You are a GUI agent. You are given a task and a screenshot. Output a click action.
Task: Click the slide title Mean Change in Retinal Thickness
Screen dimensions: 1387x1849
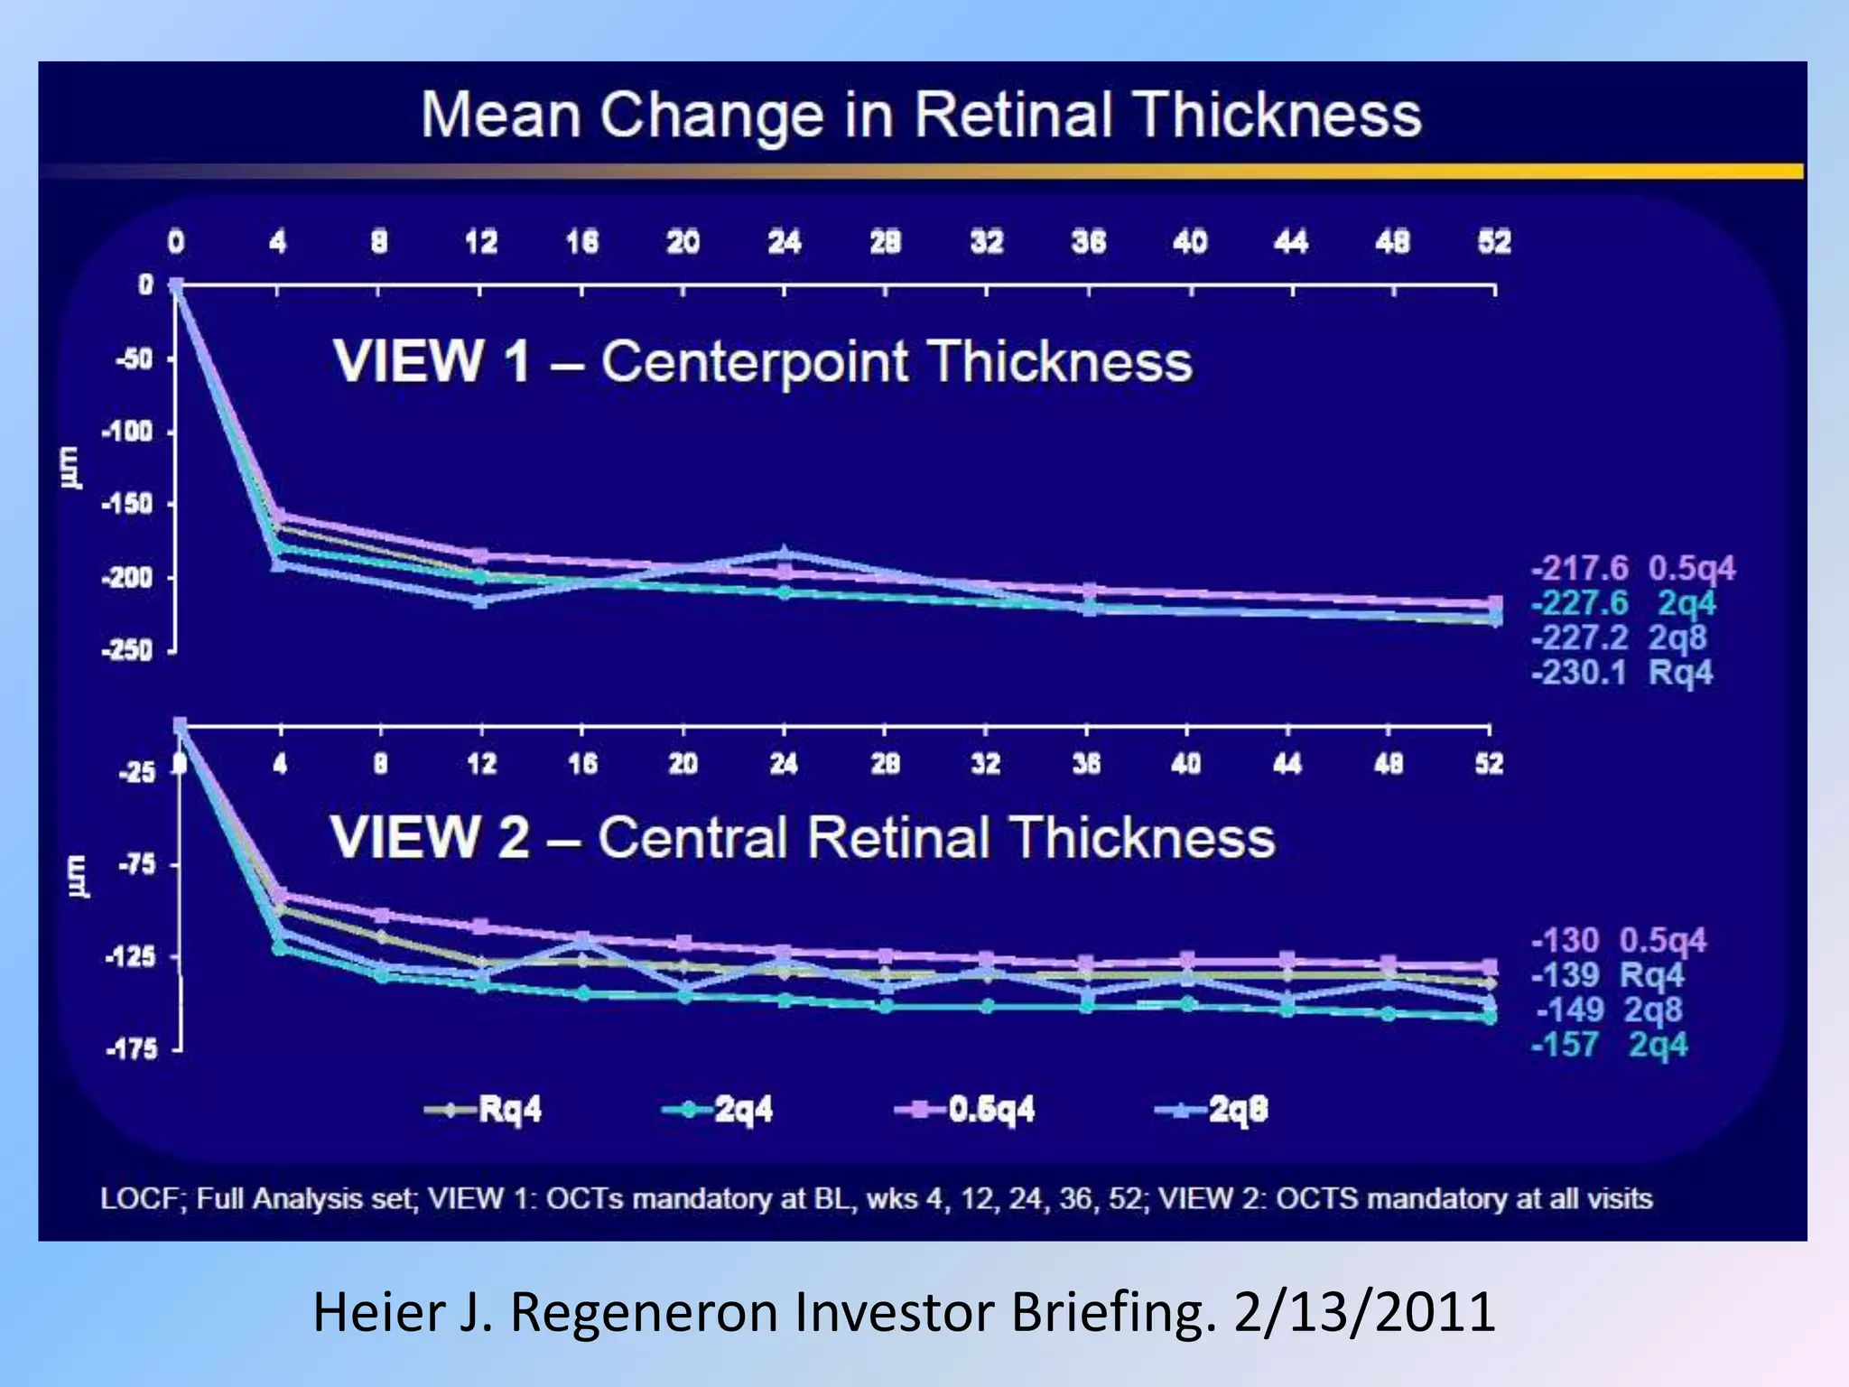(x=921, y=116)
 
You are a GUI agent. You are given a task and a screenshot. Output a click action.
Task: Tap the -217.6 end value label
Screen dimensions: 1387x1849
(x=1580, y=569)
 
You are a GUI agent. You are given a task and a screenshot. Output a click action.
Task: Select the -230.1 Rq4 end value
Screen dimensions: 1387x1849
(x=1621, y=673)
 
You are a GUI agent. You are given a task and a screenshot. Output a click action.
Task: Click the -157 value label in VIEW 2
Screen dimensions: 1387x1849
(x=1565, y=1045)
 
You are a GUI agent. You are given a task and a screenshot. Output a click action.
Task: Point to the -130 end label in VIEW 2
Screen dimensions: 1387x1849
(x=1566, y=940)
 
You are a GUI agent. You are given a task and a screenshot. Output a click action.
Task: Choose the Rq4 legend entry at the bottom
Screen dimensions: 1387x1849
(x=486, y=1109)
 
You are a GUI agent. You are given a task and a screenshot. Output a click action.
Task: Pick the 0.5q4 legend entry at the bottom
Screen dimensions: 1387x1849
(x=966, y=1109)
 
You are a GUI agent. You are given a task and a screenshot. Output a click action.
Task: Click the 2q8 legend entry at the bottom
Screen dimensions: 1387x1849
(x=1213, y=1109)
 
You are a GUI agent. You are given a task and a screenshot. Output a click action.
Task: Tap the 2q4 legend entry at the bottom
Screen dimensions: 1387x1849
(x=720, y=1109)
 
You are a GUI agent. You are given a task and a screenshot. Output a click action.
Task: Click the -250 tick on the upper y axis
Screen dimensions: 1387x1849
(x=126, y=650)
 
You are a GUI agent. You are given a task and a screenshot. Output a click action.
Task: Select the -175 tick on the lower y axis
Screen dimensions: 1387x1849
(x=132, y=1049)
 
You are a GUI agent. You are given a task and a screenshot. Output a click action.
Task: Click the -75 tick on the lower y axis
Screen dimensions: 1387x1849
(x=136, y=864)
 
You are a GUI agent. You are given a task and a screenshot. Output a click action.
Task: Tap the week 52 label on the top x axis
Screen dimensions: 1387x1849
(x=1494, y=242)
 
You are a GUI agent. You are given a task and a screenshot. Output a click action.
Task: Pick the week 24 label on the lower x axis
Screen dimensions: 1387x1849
(x=784, y=765)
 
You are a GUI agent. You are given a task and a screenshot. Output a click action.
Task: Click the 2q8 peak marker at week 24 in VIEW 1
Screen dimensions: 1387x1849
(x=784, y=553)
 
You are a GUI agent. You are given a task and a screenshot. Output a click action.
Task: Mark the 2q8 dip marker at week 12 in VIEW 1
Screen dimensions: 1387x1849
(x=480, y=600)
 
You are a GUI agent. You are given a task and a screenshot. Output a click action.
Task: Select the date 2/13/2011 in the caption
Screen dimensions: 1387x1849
(x=1364, y=1312)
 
